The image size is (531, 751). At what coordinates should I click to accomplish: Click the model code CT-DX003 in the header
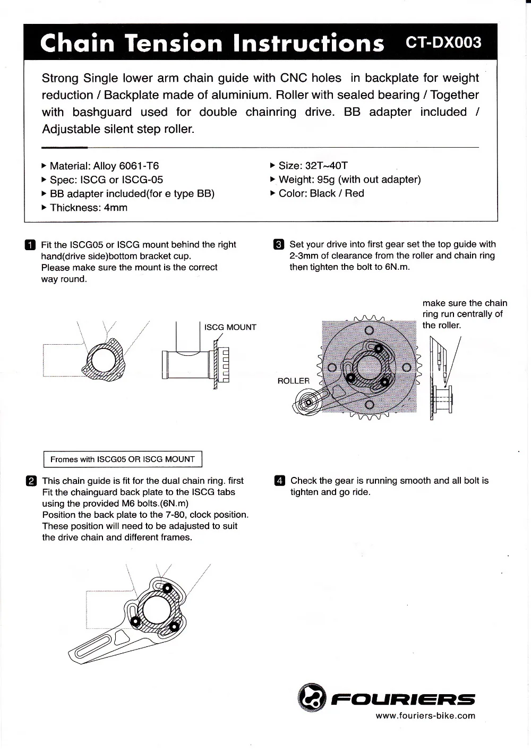tap(443, 42)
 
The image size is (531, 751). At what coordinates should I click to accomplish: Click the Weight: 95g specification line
tap(349, 180)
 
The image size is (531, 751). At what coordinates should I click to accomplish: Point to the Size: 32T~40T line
tap(313, 166)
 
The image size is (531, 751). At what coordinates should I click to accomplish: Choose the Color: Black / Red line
tap(321, 193)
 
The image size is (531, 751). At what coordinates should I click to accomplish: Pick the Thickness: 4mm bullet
tap(88, 208)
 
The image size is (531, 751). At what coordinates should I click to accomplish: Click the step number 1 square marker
tap(30, 245)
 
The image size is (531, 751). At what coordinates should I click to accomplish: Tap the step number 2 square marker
tap(30, 481)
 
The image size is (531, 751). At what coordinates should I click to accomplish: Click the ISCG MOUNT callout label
tap(230, 328)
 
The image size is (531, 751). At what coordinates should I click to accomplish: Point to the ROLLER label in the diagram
tap(293, 381)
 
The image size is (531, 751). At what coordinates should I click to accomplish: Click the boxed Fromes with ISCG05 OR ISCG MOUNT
tap(122, 459)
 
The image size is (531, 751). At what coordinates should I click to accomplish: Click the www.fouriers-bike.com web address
tap(425, 715)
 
